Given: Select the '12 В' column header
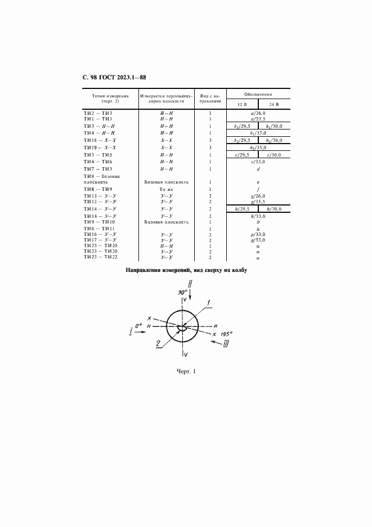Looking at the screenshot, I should coord(242,104).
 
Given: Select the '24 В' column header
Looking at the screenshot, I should coord(274,104).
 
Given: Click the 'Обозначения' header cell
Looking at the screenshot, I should coord(258,94).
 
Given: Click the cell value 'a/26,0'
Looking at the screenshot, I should coord(258,113).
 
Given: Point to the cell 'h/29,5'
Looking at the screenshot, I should coord(243,209).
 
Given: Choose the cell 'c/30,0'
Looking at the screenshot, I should coord(274,154).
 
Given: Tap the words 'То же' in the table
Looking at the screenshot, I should coord(166,189).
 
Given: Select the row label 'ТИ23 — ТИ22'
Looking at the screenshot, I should coord(100,257).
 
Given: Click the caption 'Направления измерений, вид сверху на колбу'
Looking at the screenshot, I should coord(186,270).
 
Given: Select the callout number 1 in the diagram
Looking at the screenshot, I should coord(209,304).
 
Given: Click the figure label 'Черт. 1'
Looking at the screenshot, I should coord(186,371).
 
